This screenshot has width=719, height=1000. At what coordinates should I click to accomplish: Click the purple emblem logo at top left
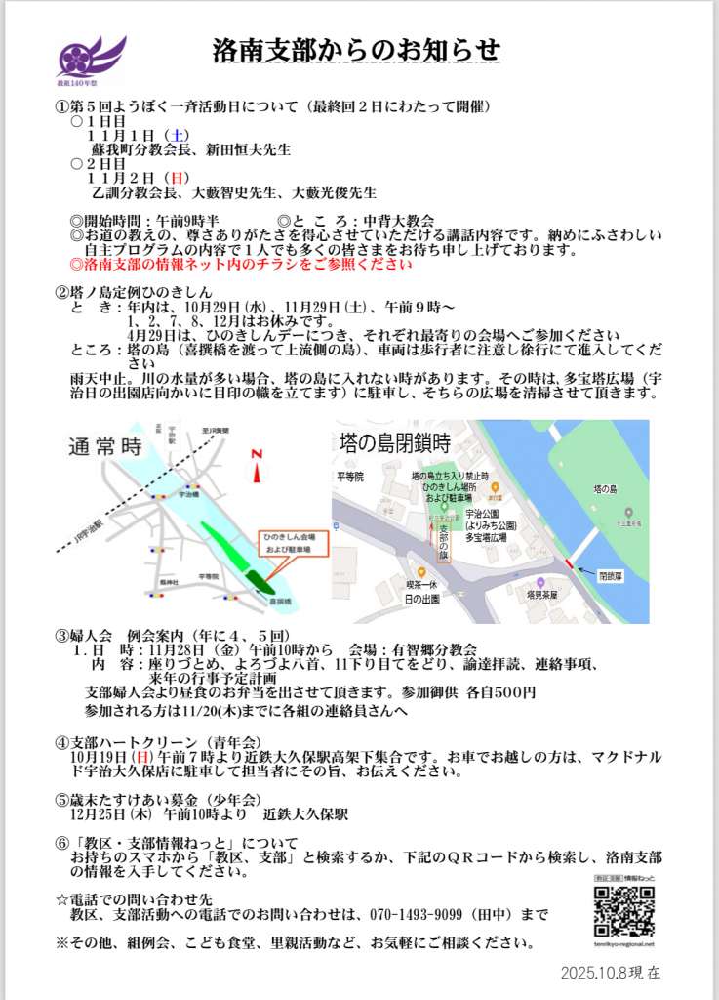pyautogui.click(x=91, y=58)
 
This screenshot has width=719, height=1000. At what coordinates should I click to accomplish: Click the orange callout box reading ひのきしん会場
pyautogui.click(x=292, y=543)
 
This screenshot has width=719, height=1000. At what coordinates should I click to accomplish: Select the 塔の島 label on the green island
pyautogui.click(x=606, y=487)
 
